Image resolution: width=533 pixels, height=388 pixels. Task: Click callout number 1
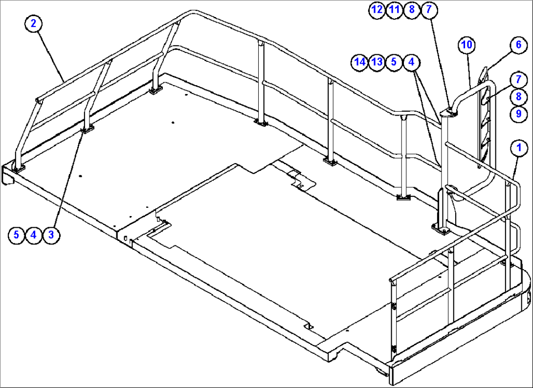(519, 147)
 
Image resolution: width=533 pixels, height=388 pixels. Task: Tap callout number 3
(51, 235)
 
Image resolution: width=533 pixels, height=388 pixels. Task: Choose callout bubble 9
(519, 114)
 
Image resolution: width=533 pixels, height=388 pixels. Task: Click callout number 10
(466, 45)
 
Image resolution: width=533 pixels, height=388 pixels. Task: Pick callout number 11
(394, 10)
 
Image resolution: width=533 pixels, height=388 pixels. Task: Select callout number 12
(377, 10)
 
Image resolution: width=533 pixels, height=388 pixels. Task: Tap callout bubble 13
(377, 62)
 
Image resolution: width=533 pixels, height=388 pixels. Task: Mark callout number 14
(360, 62)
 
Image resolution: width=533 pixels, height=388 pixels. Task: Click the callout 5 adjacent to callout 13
(394, 62)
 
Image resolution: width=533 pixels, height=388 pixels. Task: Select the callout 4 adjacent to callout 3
(33, 235)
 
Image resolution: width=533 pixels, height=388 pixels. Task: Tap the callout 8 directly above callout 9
(519, 97)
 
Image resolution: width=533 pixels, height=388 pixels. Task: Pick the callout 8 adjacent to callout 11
(412, 10)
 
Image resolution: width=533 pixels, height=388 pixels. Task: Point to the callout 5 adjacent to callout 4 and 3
(16, 235)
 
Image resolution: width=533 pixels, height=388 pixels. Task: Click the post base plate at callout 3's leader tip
(88, 129)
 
